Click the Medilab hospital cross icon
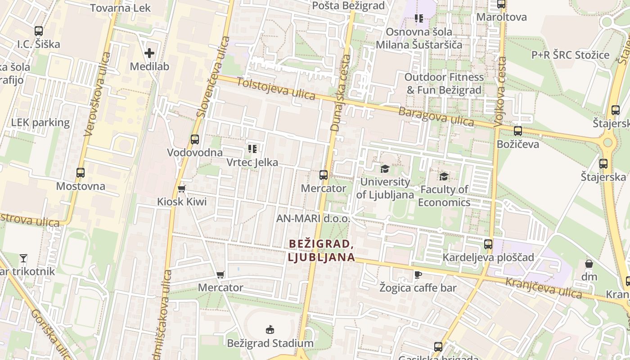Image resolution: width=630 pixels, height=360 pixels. coord(149,53)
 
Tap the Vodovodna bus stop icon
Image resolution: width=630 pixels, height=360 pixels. coord(195,139)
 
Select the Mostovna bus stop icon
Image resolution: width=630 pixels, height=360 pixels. coord(81,173)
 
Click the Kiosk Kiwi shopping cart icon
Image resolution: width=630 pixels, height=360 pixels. coord(182,189)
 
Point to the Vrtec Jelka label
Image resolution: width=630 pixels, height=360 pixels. coord(252,162)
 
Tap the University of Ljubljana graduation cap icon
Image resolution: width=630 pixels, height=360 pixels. coord(385,169)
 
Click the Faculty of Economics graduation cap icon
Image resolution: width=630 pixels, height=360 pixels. coord(444,176)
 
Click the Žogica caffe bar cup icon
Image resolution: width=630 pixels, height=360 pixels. coord(418,274)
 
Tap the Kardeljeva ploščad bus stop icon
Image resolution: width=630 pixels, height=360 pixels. coord(488,244)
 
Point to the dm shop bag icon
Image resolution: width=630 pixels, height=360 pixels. coord(589,263)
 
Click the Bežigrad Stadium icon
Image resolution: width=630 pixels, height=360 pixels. coord(270,330)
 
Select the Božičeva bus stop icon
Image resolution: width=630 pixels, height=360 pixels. coord(518,131)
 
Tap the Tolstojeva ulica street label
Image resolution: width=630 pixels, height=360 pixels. coord(276,89)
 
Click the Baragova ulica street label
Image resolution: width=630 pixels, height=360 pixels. coord(436,117)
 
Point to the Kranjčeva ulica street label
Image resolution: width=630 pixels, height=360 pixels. coord(544,288)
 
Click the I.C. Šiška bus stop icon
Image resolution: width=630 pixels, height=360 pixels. coord(39,31)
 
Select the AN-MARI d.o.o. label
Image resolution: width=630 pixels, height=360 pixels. coord(313,219)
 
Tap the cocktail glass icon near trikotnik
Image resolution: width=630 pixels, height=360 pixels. coord(23,258)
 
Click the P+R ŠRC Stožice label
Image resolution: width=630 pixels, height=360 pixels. coord(570,55)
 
